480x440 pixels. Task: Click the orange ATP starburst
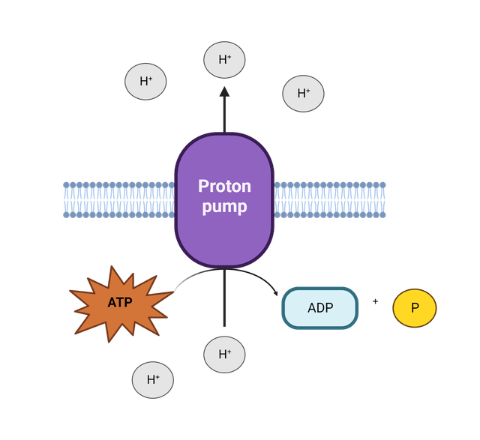pyautogui.click(x=121, y=304)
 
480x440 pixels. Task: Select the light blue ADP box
pyautogui.click(x=320, y=308)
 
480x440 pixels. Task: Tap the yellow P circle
pyautogui.click(x=415, y=308)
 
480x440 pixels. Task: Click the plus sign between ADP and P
pyautogui.click(x=375, y=301)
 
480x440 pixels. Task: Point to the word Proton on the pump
pyautogui.click(x=224, y=186)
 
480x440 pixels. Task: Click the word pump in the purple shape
pyautogui.click(x=224, y=207)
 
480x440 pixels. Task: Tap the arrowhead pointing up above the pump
pyautogui.click(x=224, y=91)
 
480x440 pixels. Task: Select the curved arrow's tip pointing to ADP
pyautogui.click(x=276, y=294)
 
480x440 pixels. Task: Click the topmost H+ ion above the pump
pyautogui.click(x=224, y=60)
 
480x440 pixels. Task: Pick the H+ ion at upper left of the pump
pyautogui.click(x=145, y=82)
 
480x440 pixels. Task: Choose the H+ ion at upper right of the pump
pyautogui.click(x=303, y=94)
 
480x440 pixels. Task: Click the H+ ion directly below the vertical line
pyautogui.click(x=224, y=355)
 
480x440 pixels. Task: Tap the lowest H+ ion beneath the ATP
pyautogui.click(x=153, y=380)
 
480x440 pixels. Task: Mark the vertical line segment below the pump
pyautogui.click(x=224, y=298)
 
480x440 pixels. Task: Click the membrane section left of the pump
pyautogui.click(x=119, y=200)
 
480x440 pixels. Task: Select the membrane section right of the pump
pyautogui.click(x=329, y=200)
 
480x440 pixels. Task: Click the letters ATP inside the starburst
pyautogui.click(x=120, y=302)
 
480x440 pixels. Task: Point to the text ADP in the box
pyautogui.click(x=320, y=308)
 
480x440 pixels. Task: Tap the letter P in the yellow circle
pyautogui.click(x=415, y=308)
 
